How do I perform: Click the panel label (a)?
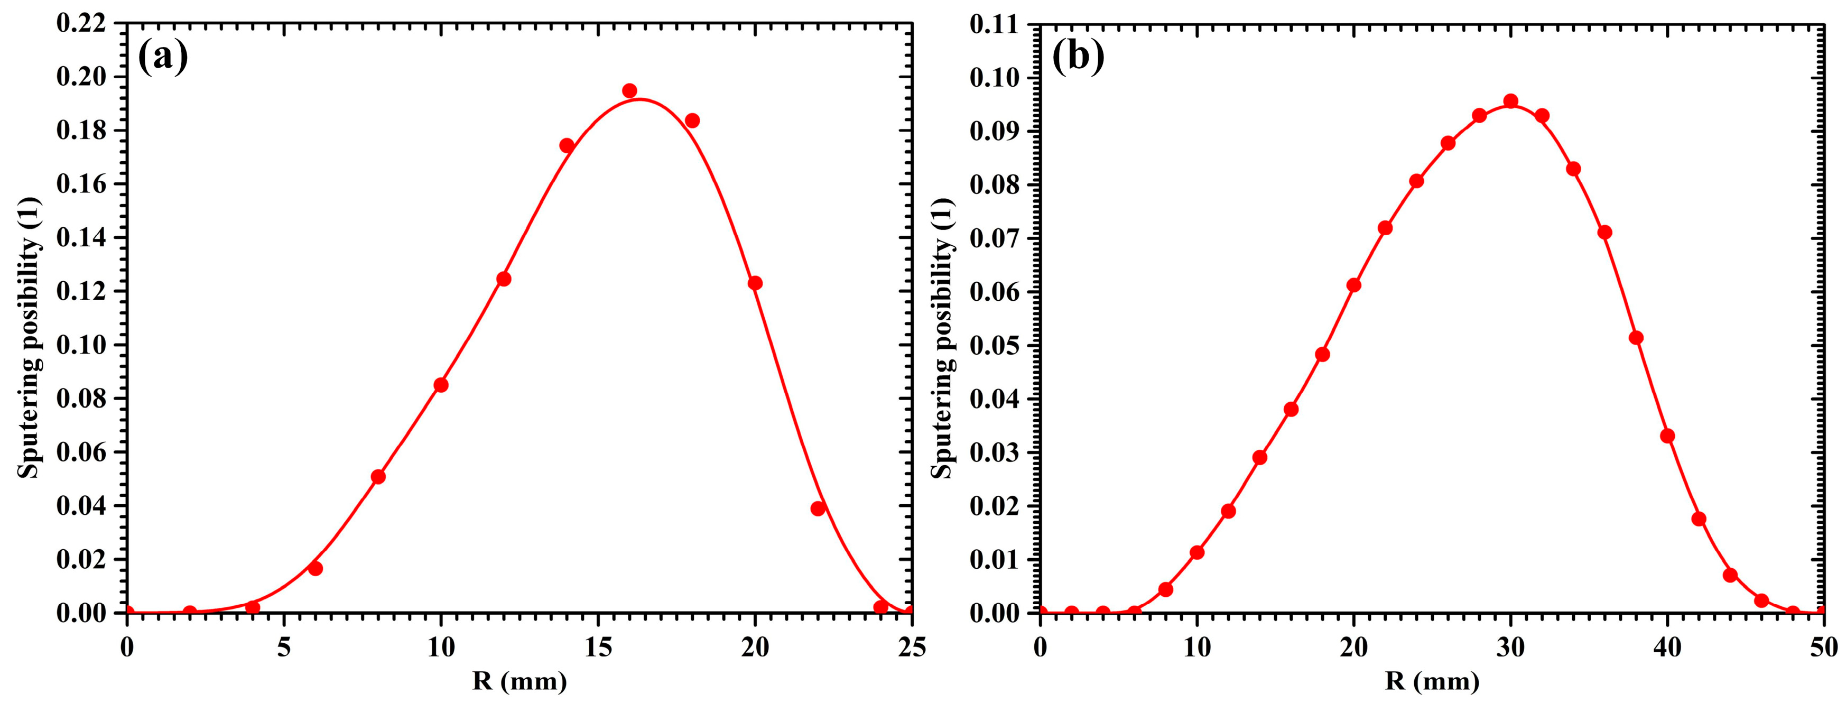(x=163, y=57)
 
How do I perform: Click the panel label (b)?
(x=1079, y=57)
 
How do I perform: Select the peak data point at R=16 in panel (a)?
(x=629, y=90)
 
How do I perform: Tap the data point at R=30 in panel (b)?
(x=1510, y=101)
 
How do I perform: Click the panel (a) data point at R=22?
(x=818, y=509)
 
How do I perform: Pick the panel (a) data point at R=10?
(x=441, y=385)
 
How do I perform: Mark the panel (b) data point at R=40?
(x=1667, y=436)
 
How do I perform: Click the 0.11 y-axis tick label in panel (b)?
(x=995, y=24)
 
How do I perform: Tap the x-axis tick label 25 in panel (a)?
(x=912, y=648)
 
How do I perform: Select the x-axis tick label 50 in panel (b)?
(x=1824, y=648)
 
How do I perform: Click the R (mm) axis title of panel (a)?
(x=520, y=681)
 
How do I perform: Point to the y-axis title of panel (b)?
(x=942, y=338)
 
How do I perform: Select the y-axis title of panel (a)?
(x=29, y=338)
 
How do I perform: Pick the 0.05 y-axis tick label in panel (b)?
(x=995, y=345)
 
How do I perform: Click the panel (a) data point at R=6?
(x=316, y=568)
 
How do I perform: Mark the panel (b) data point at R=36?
(x=1604, y=232)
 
